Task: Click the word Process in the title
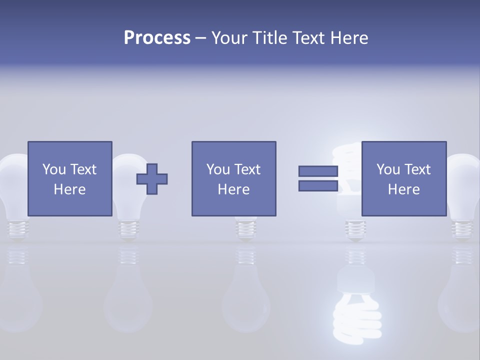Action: point(157,38)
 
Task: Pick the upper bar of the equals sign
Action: point(318,171)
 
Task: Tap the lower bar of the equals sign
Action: point(318,185)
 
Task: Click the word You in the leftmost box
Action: point(53,169)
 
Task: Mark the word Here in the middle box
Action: point(233,189)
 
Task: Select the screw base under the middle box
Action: point(246,227)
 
